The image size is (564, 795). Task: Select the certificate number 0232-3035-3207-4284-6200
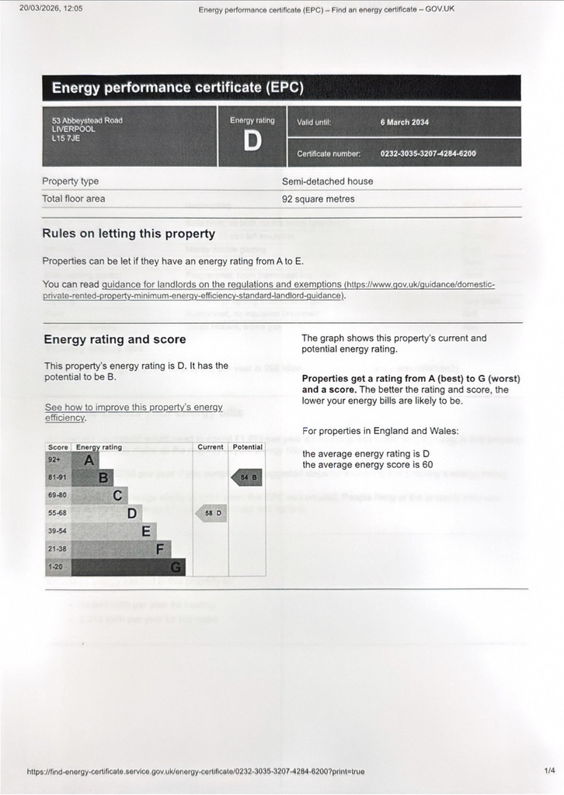(x=427, y=154)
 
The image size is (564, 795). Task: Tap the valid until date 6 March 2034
(x=404, y=123)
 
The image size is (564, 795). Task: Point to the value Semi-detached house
(x=327, y=182)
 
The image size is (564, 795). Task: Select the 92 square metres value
(x=318, y=200)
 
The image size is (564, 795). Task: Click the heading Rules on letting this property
(x=128, y=234)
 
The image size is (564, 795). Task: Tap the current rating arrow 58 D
(x=211, y=513)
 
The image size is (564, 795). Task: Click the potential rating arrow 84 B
(x=247, y=477)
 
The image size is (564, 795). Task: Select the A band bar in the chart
(x=84, y=460)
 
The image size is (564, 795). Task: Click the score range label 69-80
(x=57, y=495)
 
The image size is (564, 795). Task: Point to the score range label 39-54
(x=57, y=532)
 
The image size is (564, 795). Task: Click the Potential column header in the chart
(x=247, y=447)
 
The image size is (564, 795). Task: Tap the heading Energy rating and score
(x=114, y=339)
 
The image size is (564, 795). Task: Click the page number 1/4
(x=549, y=771)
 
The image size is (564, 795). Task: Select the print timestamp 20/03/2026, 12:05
(x=50, y=9)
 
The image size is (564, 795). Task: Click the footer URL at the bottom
(x=195, y=772)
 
